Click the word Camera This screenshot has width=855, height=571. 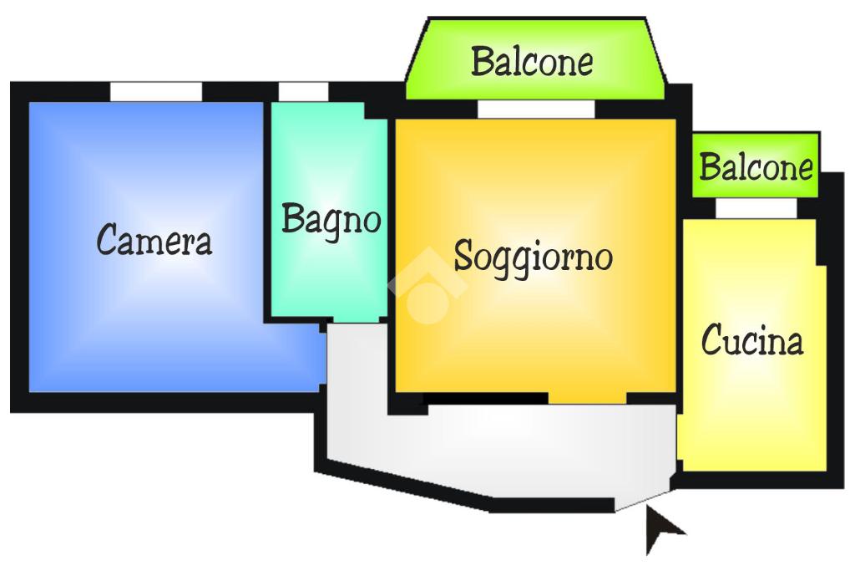pos(154,241)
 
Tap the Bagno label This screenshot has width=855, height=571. pos(331,220)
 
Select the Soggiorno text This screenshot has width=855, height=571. pos(533,256)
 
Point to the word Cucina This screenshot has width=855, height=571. pos(752,341)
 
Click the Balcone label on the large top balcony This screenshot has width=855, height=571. pos(533,62)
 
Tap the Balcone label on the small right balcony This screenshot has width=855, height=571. pos(756,167)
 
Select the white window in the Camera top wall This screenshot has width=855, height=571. pos(156,91)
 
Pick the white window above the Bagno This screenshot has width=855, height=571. pos(303,91)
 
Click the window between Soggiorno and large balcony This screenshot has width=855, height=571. pos(536,109)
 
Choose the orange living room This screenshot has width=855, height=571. pos(534,334)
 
